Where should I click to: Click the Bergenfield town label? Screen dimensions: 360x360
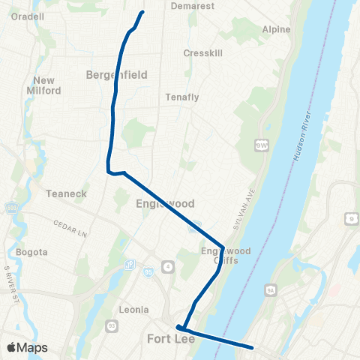point(116,75)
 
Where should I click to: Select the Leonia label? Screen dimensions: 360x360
point(133,310)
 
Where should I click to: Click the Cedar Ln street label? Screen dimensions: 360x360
point(70,224)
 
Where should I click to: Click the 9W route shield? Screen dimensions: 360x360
point(262,144)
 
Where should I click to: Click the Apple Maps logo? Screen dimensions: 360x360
point(27,347)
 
